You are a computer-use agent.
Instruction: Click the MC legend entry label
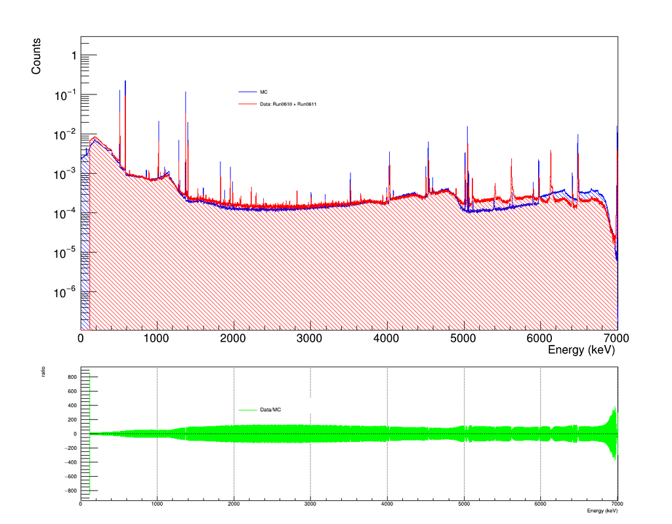point(264,92)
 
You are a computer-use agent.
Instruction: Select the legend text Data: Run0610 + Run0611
point(288,104)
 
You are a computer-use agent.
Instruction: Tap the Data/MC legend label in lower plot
point(270,410)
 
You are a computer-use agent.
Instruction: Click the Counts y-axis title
point(36,56)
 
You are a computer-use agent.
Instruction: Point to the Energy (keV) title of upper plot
point(581,350)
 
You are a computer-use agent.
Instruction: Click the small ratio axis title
point(43,372)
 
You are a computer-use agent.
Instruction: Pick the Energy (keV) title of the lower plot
point(602,511)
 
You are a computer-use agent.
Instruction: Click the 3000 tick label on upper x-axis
point(310,338)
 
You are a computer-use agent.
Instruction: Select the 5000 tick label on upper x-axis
point(463,338)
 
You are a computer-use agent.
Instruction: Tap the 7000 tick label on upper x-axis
point(616,338)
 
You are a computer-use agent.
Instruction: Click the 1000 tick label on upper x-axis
point(156,338)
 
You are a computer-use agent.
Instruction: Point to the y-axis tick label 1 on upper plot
point(74,56)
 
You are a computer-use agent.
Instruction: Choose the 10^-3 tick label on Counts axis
point(65,173)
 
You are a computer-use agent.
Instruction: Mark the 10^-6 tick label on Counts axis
point(65,292)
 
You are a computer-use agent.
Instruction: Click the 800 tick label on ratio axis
point(72,378)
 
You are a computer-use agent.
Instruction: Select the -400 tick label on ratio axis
point(71,462)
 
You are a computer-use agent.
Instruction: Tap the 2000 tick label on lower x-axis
point(234,504)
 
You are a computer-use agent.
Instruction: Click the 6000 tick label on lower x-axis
point(541,504)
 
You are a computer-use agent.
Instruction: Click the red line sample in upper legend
point(247,104)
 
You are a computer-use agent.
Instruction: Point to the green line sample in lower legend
point(247,410)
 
